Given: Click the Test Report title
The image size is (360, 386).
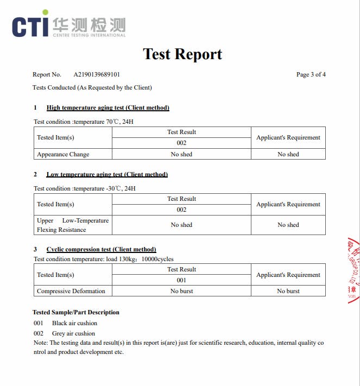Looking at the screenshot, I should pyautogui.click(x=182, y=54).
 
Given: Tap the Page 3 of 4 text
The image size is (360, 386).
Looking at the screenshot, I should pyautogui.click(x=311, y=74).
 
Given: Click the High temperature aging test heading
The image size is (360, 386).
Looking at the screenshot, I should pyautogui.click(x=108, y=107).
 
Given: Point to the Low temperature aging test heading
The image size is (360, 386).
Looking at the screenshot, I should pyautogui.click(x=107, y=174).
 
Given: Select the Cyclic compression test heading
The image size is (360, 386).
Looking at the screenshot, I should pyautogui.click(x=101, y=249).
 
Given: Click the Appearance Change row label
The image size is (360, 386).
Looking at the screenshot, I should pyautogui.click(x=63, y=154).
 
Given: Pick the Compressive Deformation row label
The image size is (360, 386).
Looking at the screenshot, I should pyautogui.click(x=71, y=291).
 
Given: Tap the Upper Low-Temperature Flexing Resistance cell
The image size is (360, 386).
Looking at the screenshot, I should pyautogui.click(x=73, y=225).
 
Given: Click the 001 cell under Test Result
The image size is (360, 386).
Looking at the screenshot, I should pyautogui.click(x=181, y=280).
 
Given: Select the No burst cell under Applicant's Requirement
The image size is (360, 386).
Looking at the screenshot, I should pyautogui.click(x=288, y=291).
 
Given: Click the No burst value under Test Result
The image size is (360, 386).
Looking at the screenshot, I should pyautogui.click(x=181, y=291).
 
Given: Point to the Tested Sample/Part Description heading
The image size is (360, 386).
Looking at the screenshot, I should pyautogui.click(x=76, y=312).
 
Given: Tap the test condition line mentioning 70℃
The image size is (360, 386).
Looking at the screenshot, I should pyautogui.click(x=84, y=122).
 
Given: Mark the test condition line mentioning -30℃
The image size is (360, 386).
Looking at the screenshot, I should pyautogui.click(x=85, y=188).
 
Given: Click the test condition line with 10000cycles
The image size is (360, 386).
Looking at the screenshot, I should pyautogui.click(x=103, y=259).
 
